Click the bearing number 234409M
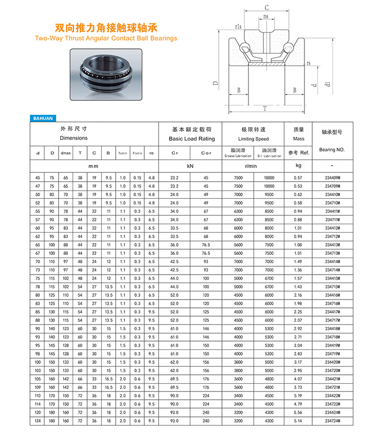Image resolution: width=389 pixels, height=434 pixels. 332,178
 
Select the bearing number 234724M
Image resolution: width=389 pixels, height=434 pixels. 332,421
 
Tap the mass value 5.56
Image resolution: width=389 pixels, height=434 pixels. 298,412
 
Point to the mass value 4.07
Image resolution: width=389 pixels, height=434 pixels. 298,379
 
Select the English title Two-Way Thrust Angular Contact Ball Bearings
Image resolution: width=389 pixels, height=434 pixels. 106,38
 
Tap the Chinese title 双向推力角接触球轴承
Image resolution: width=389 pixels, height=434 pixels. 106,28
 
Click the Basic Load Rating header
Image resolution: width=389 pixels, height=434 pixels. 191,139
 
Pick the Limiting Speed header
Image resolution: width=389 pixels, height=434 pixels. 254,139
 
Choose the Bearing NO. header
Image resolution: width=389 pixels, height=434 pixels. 332,150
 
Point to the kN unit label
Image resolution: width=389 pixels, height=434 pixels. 190,166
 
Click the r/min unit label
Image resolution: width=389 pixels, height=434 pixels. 253,166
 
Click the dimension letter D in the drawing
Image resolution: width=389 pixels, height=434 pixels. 214,83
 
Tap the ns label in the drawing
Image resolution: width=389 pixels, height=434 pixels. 266,17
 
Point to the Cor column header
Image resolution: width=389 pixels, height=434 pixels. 206,153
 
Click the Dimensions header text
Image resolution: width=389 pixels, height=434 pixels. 74,138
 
